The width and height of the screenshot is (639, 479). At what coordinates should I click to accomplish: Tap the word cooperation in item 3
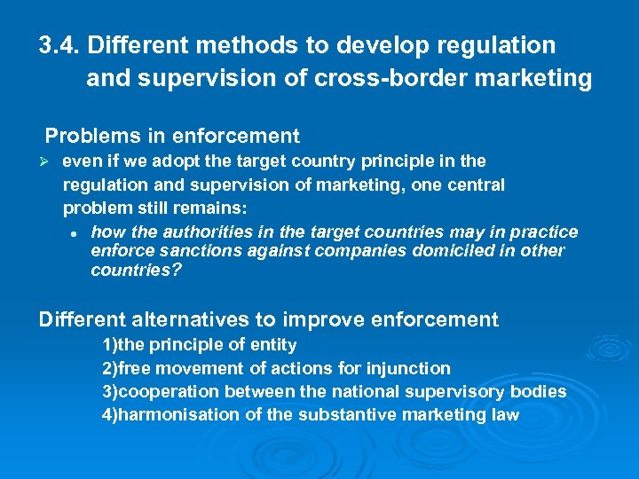[x=169, y=391]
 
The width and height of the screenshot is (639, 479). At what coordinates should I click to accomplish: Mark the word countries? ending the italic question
[x=136, y=270]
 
